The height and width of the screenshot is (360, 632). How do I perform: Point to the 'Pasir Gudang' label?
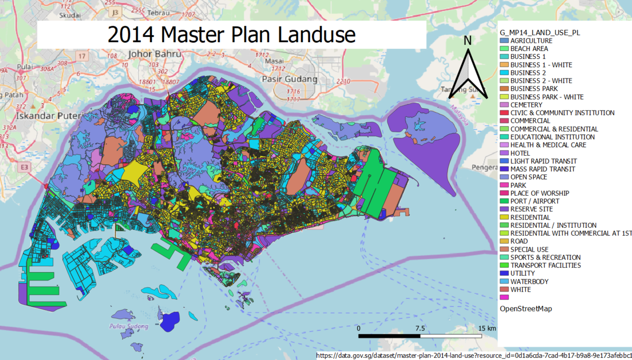tap(289, 79)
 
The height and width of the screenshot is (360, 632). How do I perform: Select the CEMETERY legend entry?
tap(527, 105)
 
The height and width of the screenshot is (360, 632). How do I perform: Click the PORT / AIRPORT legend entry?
tap(535, 201)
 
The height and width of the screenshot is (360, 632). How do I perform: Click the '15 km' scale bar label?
tap(487, 328)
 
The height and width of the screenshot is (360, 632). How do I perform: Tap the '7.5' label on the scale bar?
tap(420, 328)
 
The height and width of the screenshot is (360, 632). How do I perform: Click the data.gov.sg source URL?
tap(473, 355)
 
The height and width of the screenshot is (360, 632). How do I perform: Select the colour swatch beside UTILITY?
tap(504, 274)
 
